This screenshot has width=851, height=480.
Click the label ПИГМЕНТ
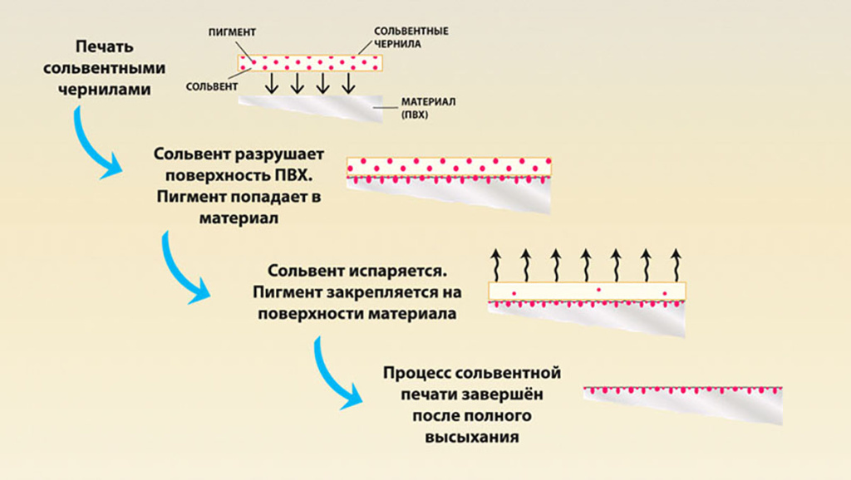(231, 32)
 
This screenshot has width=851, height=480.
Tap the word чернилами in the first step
(106, 88)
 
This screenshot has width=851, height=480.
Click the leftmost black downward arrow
(269, 84)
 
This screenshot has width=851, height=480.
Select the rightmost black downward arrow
(348, 84)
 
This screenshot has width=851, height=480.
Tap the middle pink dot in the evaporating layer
(598, 291)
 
